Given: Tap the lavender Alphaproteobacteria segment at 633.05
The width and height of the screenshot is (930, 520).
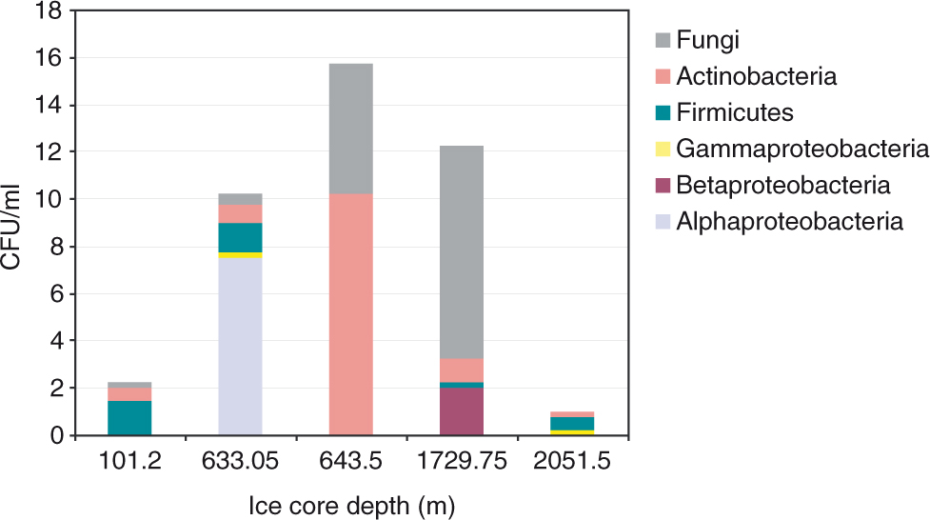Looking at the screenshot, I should click(240, 347).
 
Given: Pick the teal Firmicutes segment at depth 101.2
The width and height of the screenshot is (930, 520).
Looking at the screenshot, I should click(129, 418).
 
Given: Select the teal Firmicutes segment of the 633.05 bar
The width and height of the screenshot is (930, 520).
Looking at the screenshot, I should click(240, 237).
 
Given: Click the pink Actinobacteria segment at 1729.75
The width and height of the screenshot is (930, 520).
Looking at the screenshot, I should click(461, 370).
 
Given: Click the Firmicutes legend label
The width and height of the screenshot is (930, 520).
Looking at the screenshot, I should click(734, 112).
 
